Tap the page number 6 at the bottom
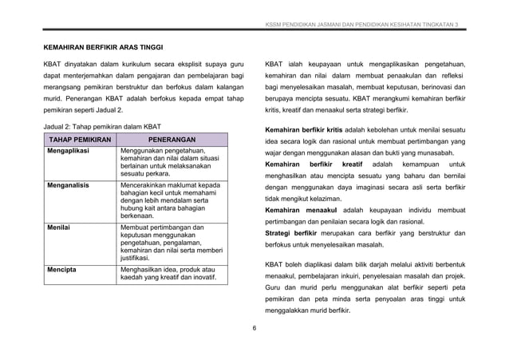pyautogui.click(x=254, y=327)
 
